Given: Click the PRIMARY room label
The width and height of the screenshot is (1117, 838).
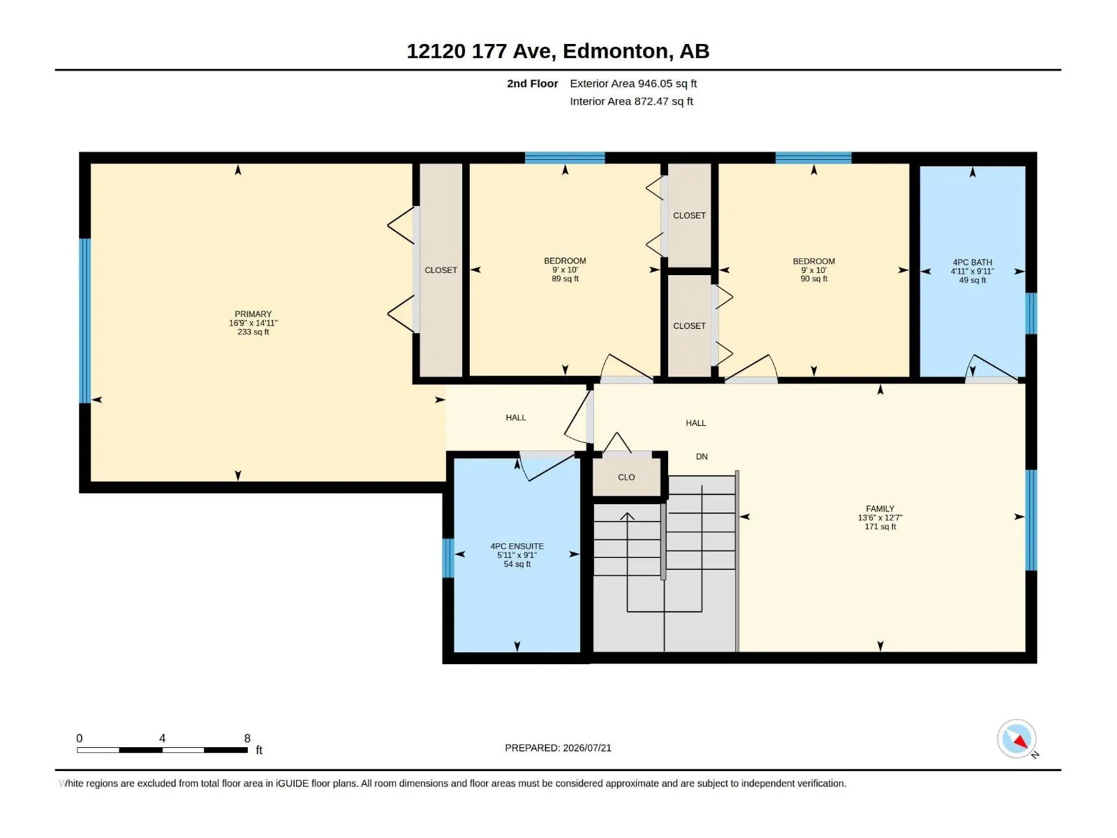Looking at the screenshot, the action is point(253,314).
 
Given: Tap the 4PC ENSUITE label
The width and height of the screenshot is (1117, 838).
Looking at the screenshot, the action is point(517,547).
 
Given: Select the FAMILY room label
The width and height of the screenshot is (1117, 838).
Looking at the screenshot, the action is point(880,509).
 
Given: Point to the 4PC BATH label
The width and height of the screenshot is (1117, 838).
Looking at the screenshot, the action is point(972,263).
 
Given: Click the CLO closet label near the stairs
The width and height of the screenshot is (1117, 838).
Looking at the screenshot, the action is point(626,477).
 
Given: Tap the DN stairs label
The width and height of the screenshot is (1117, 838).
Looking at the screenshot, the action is point(701,457).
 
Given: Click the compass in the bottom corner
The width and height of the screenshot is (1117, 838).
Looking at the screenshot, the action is point(1016,739).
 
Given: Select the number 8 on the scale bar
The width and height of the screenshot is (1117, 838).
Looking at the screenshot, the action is point(247,738).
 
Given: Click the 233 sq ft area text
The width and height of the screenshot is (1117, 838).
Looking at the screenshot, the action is point(253,332).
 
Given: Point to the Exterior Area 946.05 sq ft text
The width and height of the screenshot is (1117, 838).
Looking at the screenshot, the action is point(633,83).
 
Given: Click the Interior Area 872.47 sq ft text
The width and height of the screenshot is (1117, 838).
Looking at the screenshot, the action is point(631,101).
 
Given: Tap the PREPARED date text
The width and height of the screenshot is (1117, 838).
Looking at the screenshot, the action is point(558,748).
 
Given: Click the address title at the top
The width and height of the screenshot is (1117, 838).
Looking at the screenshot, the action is point(558,51).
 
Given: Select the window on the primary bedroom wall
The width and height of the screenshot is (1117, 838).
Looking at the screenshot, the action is point(85,321).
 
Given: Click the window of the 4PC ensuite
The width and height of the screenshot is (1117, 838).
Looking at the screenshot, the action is point(447,558).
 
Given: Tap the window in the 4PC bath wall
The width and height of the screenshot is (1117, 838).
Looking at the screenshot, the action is point(1031,314).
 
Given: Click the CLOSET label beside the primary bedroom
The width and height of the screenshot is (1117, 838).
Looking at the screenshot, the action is point(441,270).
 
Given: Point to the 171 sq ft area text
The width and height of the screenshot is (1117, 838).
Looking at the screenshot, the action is point(880,527).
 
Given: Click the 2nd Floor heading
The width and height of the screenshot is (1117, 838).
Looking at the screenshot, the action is point(532,83).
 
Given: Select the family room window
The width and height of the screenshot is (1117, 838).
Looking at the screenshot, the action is point(1031,520).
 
